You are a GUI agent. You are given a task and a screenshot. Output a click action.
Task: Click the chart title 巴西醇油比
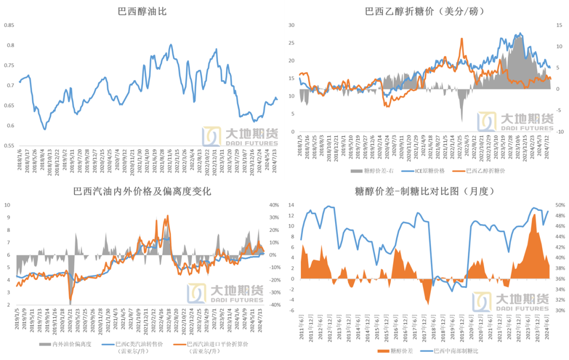[x=142, y=11]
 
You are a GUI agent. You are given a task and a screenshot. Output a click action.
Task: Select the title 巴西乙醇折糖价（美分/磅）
[x=425, y=11]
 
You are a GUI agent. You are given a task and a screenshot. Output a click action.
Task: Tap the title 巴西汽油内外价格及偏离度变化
[x=142, y=191]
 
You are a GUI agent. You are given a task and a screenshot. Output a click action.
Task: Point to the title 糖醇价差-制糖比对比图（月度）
[x=425, y=191]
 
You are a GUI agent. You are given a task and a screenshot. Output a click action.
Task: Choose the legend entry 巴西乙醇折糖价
[x=486, y=171]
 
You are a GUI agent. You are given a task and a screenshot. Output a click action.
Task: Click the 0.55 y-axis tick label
[x=11, y=145]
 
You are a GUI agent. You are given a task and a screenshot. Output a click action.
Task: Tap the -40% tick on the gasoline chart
[x=273, y=305]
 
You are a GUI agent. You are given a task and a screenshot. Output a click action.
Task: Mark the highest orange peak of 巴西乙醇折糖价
[x=462, y=38]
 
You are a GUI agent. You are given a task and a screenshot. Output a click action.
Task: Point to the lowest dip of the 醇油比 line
[x=45, y=129]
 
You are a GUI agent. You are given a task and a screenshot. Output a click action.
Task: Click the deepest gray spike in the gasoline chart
[x=70, y=303]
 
